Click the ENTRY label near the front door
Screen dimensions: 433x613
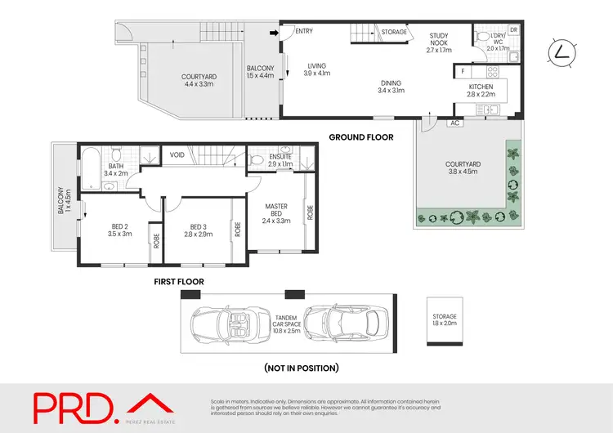tap(304, 32)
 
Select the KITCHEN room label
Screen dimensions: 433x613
tap(481, 90)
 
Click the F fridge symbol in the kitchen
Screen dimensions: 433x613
tap(463, 71)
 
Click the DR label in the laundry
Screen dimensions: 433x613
tap(513, 30)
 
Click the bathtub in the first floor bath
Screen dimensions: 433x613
tap(91, 159)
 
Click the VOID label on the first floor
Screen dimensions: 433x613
tap(177, 154)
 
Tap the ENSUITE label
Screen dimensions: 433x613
tap(280, 159)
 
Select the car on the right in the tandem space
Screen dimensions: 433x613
tap(335, 324)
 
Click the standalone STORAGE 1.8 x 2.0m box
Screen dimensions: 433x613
tap(445, 320)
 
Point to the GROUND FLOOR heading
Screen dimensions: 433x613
tap(361, 137)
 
